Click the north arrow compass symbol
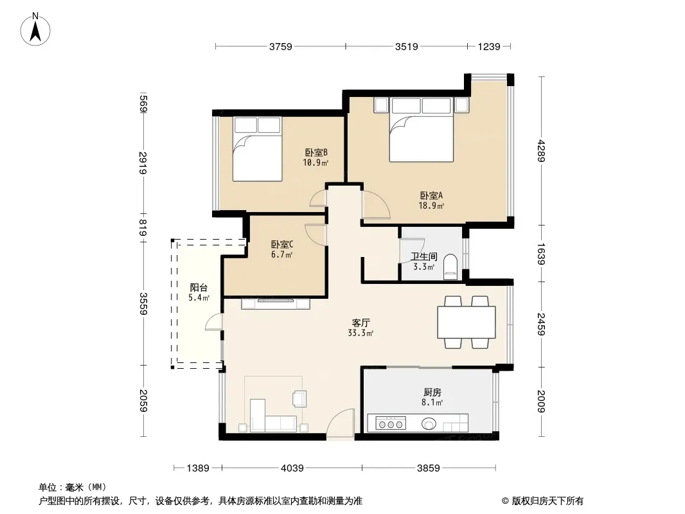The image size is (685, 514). pyautogui.click(x=35, y=30)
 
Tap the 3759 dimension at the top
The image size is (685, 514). pyautogui.click(x=280, y=46)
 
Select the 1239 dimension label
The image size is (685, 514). pyautogui.click(x=489, y=46)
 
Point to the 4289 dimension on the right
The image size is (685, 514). pyautogui.click(x=542, y=150)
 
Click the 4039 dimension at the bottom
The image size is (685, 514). pyautogui.click(x=292, y=468)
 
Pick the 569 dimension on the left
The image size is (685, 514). pyautogui.click(x=144, y=104)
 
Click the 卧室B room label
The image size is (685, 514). pyautogui.click(x=316, y=152)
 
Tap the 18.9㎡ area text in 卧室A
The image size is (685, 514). pyautogui.click(x=431, y=206)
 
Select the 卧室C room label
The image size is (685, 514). pyautogui.click(x=282, y=245)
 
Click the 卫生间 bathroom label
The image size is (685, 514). pyautogui.click(x=423, y=257)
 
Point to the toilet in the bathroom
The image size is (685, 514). pyautogui.click(x=450, y=267)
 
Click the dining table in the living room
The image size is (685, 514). pyautogui.click(x=467, y=323)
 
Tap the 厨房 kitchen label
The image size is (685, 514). pyautogui.click(x=432, y=392)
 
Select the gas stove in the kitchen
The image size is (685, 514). pyautogui.click(x=391, y=423)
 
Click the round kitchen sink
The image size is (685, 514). pyautogui.click(x=429, y=423)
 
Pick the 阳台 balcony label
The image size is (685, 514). pyautogui.click(x=199, y=288)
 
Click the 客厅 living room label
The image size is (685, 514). pyautogui.click(x=361, y=323)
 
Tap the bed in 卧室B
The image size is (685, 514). pyautogui.click(x=257, y=149)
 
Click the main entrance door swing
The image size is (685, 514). pyautogui.click(x=341, y=423)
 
